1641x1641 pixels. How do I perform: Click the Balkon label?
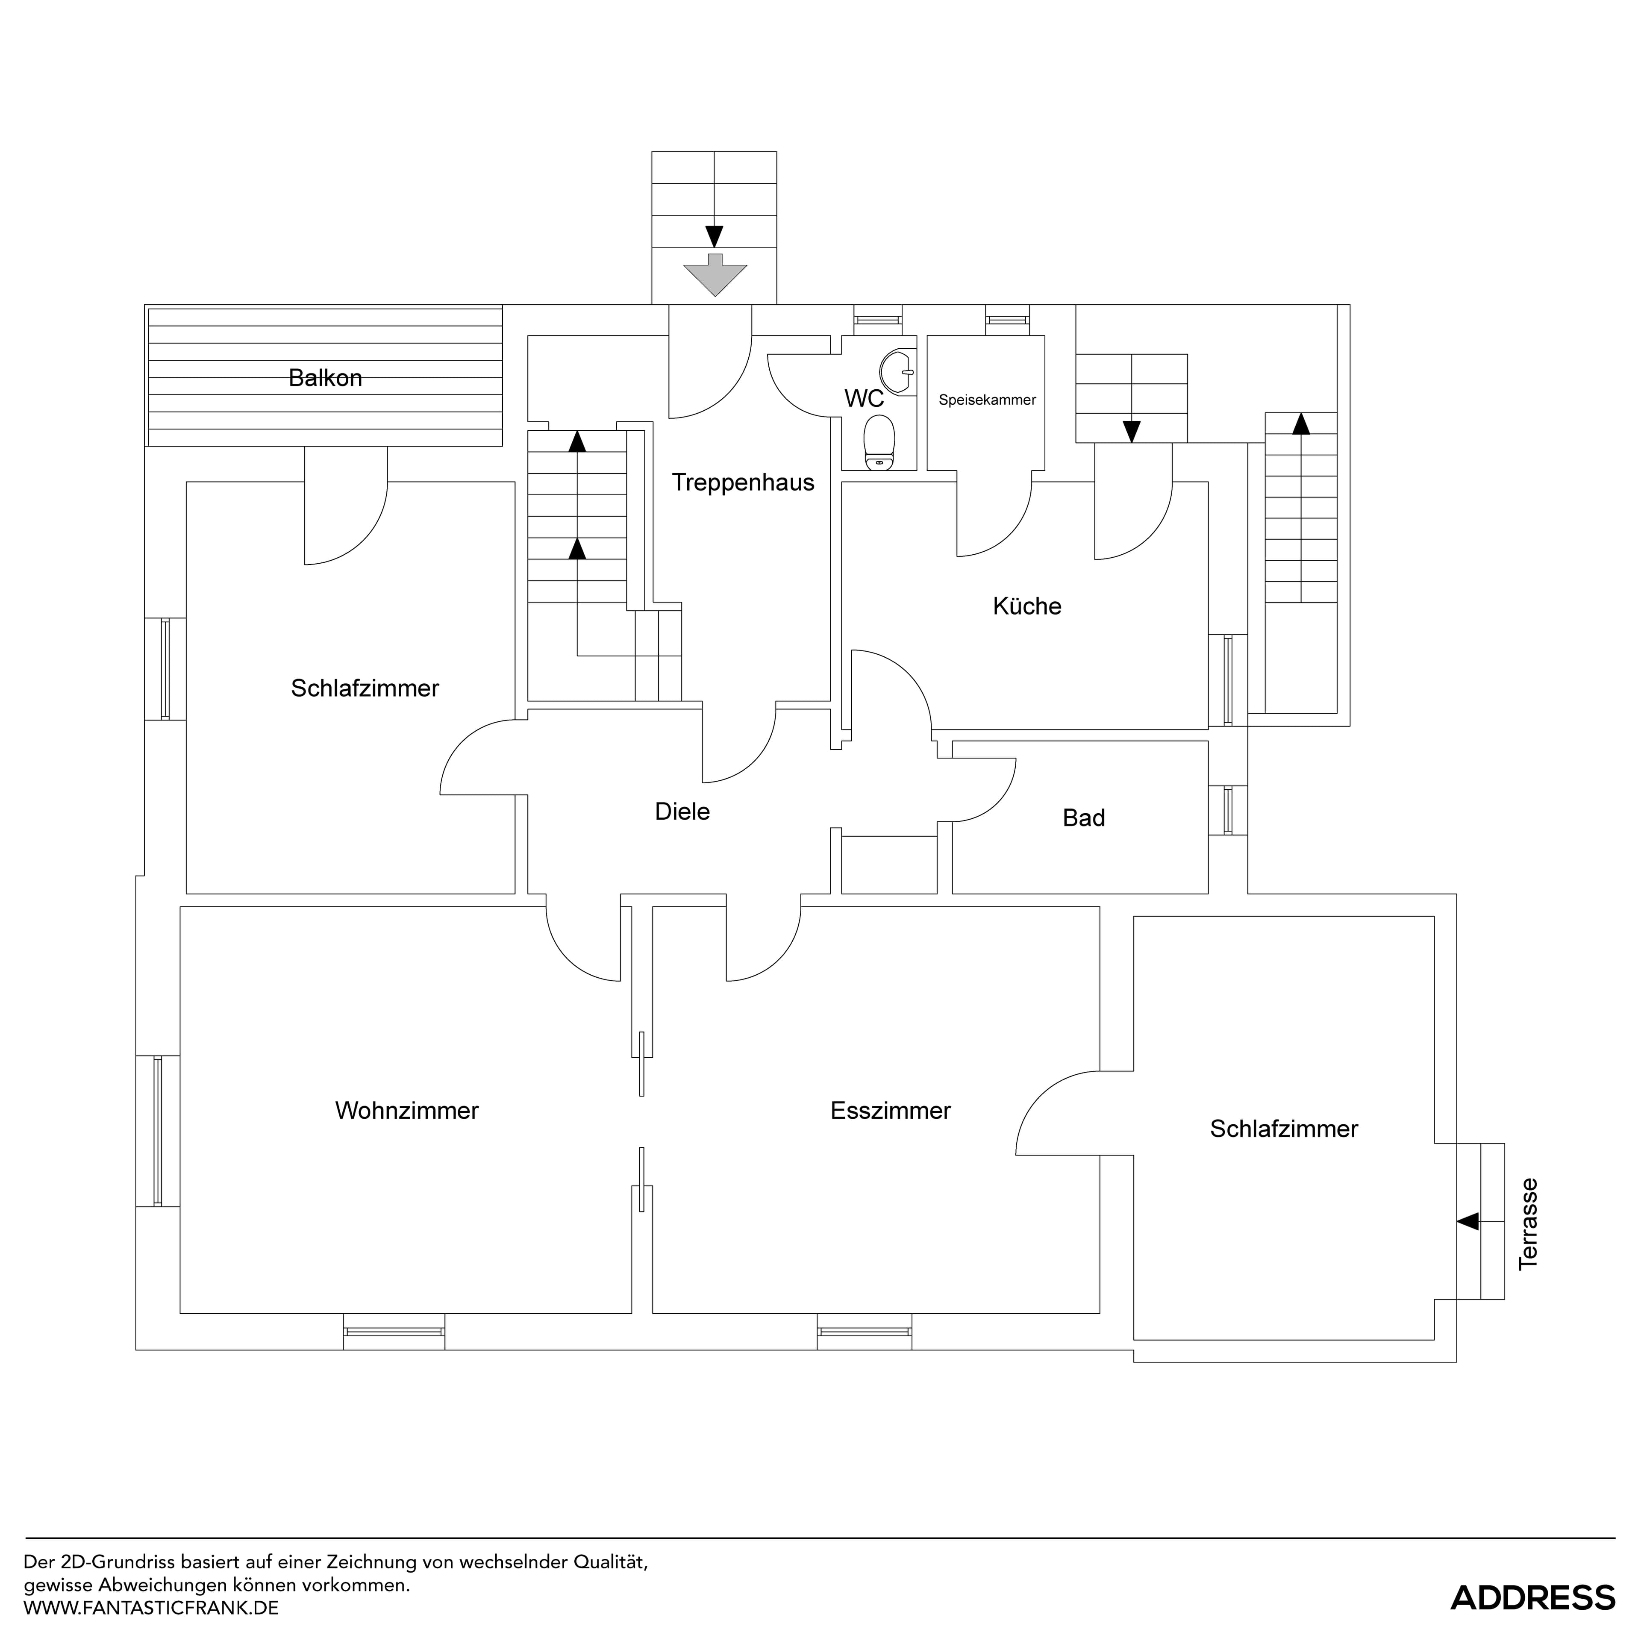[x=325, y=378]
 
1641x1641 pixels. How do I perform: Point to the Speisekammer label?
[x=987, y=400]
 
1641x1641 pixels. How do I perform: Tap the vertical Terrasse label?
[x=1529, y=1224]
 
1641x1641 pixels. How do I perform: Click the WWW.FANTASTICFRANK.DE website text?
[x=151, y=1608]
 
